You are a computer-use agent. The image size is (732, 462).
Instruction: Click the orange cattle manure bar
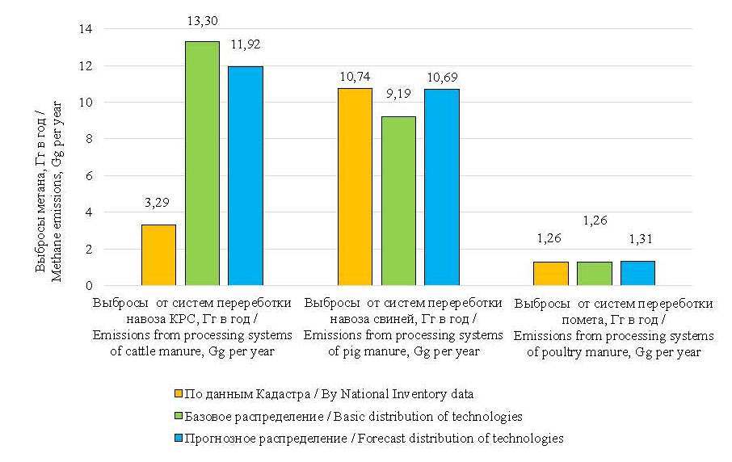coord(158,255)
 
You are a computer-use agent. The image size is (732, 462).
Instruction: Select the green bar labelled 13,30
coord(202,163)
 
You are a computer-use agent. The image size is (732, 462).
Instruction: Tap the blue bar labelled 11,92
coord(245,176)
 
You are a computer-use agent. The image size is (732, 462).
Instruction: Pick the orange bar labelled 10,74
coord(355,187)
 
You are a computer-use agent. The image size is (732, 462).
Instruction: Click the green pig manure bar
coord(398,201)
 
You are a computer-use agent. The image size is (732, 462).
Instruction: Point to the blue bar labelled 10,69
coord(441,187)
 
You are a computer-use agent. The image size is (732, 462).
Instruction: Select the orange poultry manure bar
coord(551,274)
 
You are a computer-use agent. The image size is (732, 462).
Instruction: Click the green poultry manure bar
coord(595,274)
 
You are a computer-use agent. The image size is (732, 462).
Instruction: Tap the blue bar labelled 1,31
coord(637,273)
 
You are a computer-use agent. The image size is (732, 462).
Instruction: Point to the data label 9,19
coord(398,103)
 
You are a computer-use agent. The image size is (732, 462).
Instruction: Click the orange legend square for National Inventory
coord(179,394)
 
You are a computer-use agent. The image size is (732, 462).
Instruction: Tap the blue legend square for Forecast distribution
coord(179,439)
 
